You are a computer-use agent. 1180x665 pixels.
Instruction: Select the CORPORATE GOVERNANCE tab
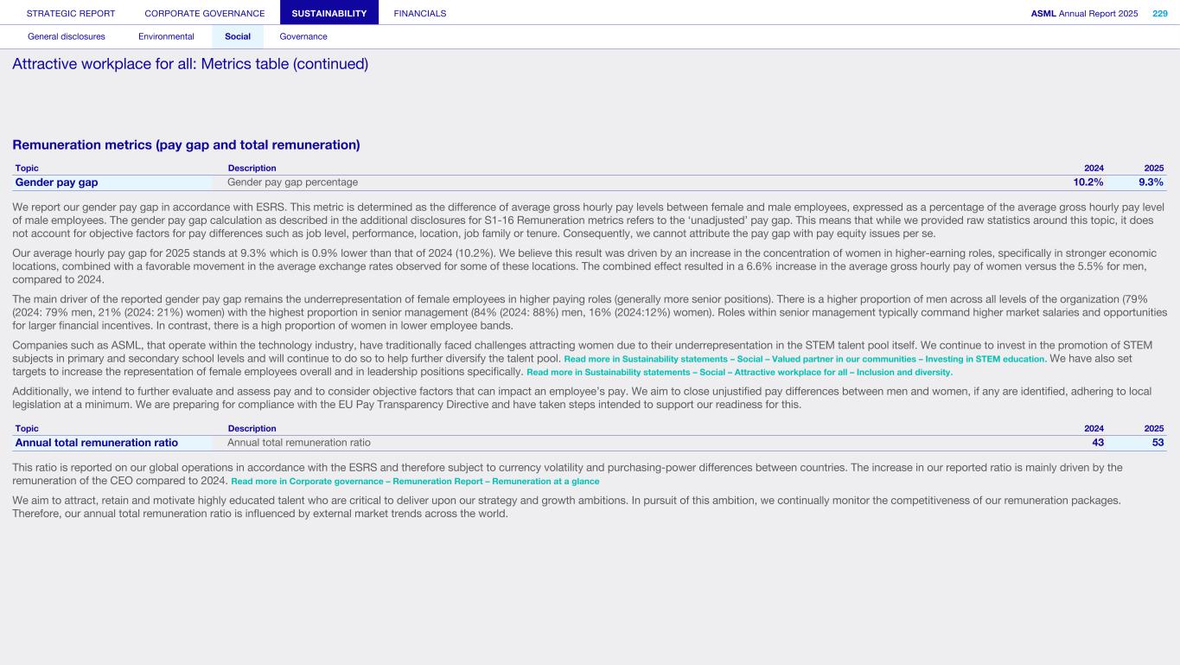(x=205, y=13)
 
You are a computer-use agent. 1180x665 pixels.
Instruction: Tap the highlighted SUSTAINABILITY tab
(x=329, y=13)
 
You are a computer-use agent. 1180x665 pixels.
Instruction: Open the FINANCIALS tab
(x=419, y=13)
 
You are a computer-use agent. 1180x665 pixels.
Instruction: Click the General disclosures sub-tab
(x=67, y=36)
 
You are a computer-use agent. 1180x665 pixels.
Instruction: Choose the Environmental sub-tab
(x=166, y=36)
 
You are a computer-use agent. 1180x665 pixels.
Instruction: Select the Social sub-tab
(x=238, y=36)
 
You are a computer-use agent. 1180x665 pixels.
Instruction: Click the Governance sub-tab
(x=303, y=36)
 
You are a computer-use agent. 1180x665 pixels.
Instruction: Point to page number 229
(x=1159, y=13)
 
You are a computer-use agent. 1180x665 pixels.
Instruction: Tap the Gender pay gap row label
(x=57, y=182)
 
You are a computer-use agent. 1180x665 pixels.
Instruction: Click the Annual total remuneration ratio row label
(x=97, y=443)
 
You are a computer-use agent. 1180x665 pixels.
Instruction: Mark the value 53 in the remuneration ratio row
(x=1157, y=443)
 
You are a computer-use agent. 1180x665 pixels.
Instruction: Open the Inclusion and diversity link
(x=739, y=373)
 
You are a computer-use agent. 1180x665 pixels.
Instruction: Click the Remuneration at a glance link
(x=415, y=481)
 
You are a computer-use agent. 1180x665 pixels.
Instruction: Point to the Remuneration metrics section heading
(x=186, y=144)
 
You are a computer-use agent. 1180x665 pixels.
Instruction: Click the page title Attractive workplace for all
(x=190, y=64)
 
